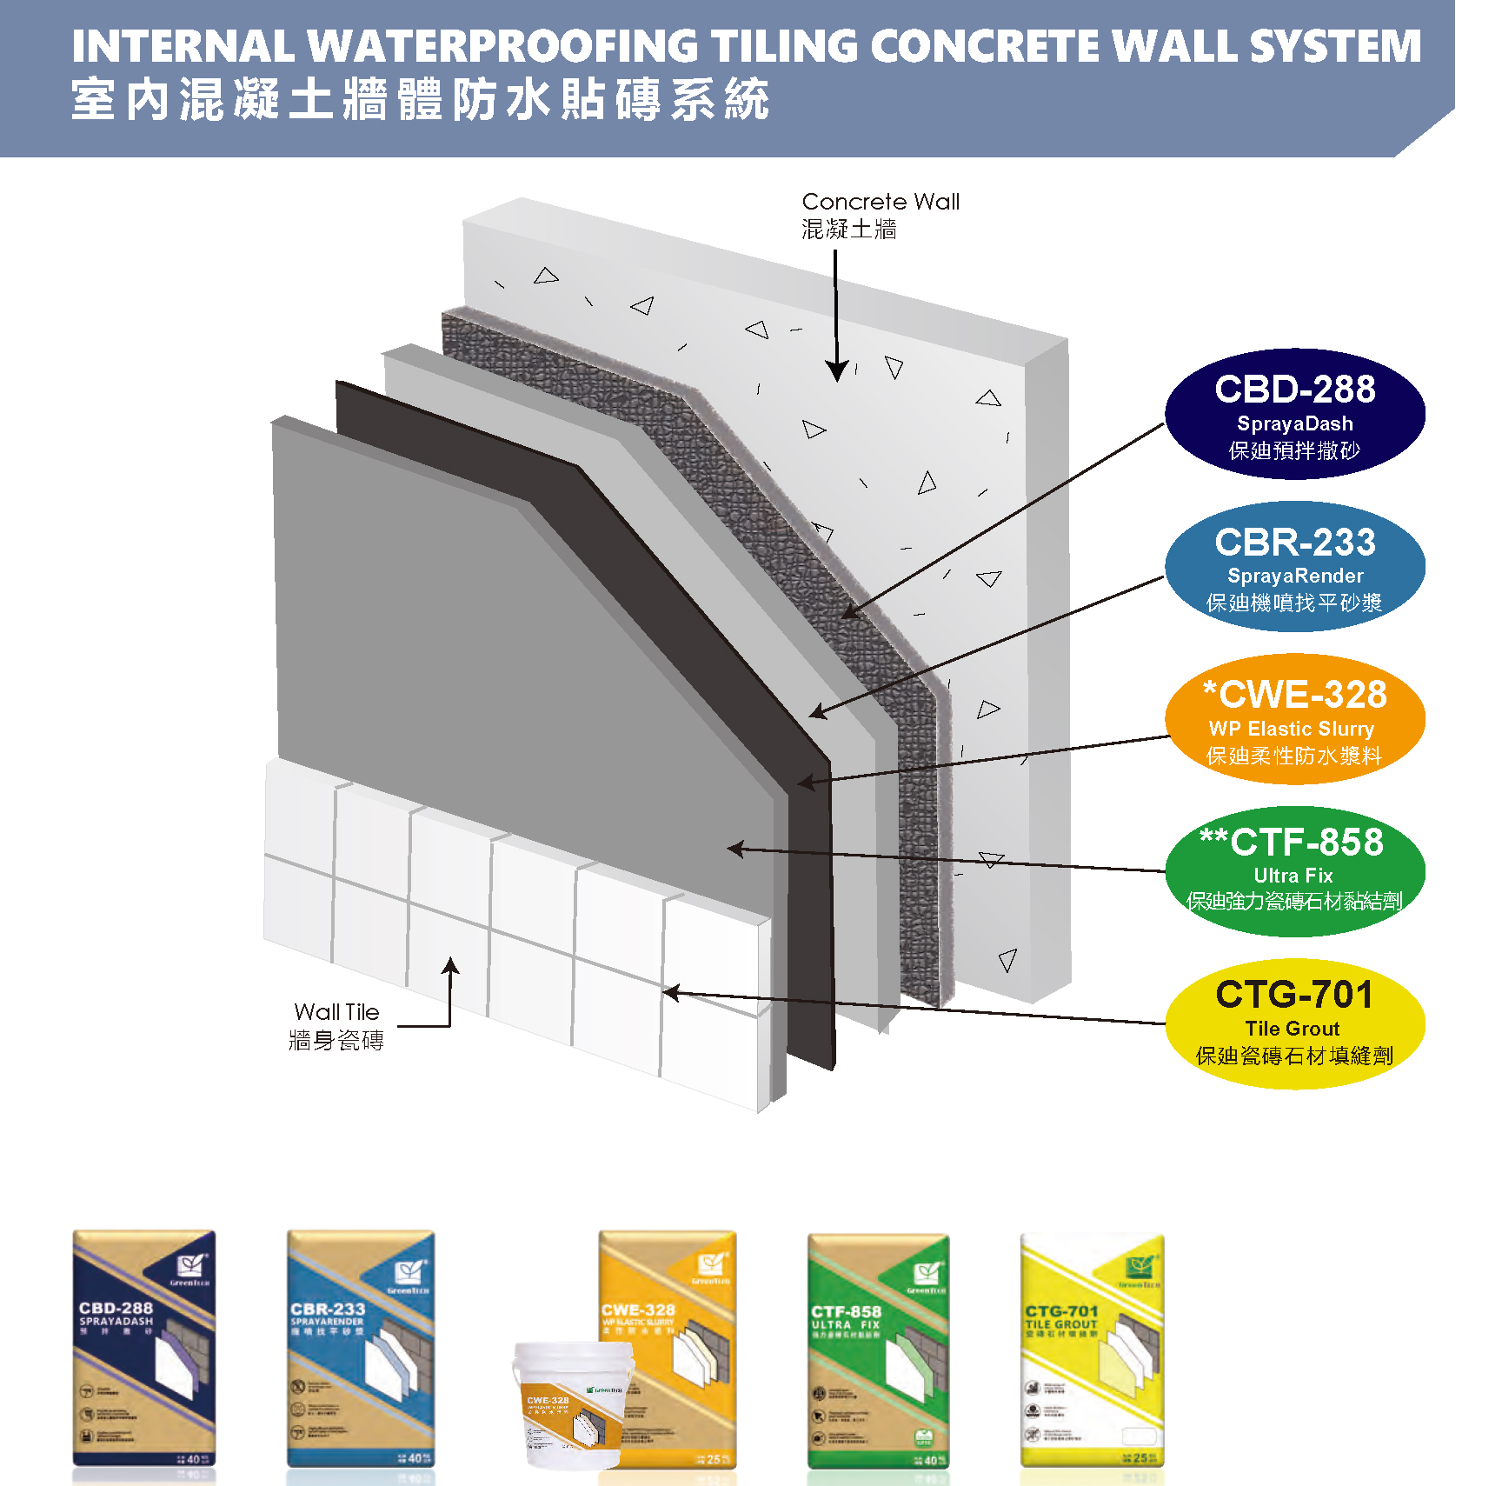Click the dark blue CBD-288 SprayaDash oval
coord(1294,414)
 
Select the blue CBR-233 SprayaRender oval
coord(1294,566)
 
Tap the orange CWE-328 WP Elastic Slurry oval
coord(1294,719)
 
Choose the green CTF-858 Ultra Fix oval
coord(1294,870)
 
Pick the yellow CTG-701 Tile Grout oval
coord(1294,1023)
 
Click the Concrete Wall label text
coord(880,202)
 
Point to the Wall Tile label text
coord(336,1012)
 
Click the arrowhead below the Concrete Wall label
coord(836,371)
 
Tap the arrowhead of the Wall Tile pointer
coord(450,965)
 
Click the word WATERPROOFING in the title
coord(502,47)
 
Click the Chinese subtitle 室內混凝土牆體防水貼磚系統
coord(420,99)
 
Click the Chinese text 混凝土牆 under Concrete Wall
coord(848,230)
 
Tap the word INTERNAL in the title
coord(183,47)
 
